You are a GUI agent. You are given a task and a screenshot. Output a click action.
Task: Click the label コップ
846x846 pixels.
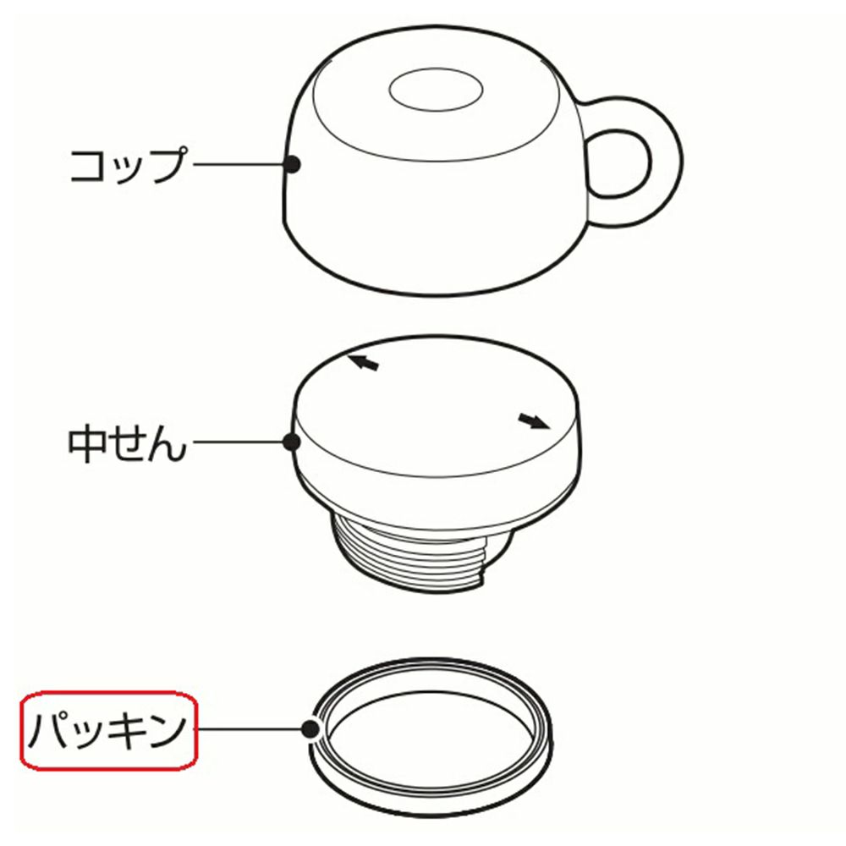pos(129,165)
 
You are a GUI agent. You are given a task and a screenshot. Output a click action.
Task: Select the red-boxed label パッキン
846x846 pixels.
pos(109,729)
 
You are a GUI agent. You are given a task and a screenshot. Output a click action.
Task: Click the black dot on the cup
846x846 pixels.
pos(293,164)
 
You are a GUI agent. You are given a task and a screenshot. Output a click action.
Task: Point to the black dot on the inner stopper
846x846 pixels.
pos(292,442)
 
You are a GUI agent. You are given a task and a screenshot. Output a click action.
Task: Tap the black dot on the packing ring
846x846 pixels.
pos(310,729)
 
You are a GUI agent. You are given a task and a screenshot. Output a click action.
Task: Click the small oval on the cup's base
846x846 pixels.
pos(436,90)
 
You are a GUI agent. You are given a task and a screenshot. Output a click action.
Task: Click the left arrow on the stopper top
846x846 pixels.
pos(363,362)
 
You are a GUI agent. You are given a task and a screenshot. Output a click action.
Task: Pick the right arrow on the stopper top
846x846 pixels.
pos(534,420)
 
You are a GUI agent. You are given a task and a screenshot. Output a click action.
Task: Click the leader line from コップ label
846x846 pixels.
pos(239,164)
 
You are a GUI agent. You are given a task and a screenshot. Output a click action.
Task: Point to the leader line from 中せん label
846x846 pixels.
pos(238,442)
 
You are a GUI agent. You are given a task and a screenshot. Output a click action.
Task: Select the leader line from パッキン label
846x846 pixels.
pos(250,729)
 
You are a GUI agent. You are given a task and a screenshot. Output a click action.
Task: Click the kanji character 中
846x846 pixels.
pos(86,445)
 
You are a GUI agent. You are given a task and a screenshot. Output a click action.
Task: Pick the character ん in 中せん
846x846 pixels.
pos(168,446)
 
